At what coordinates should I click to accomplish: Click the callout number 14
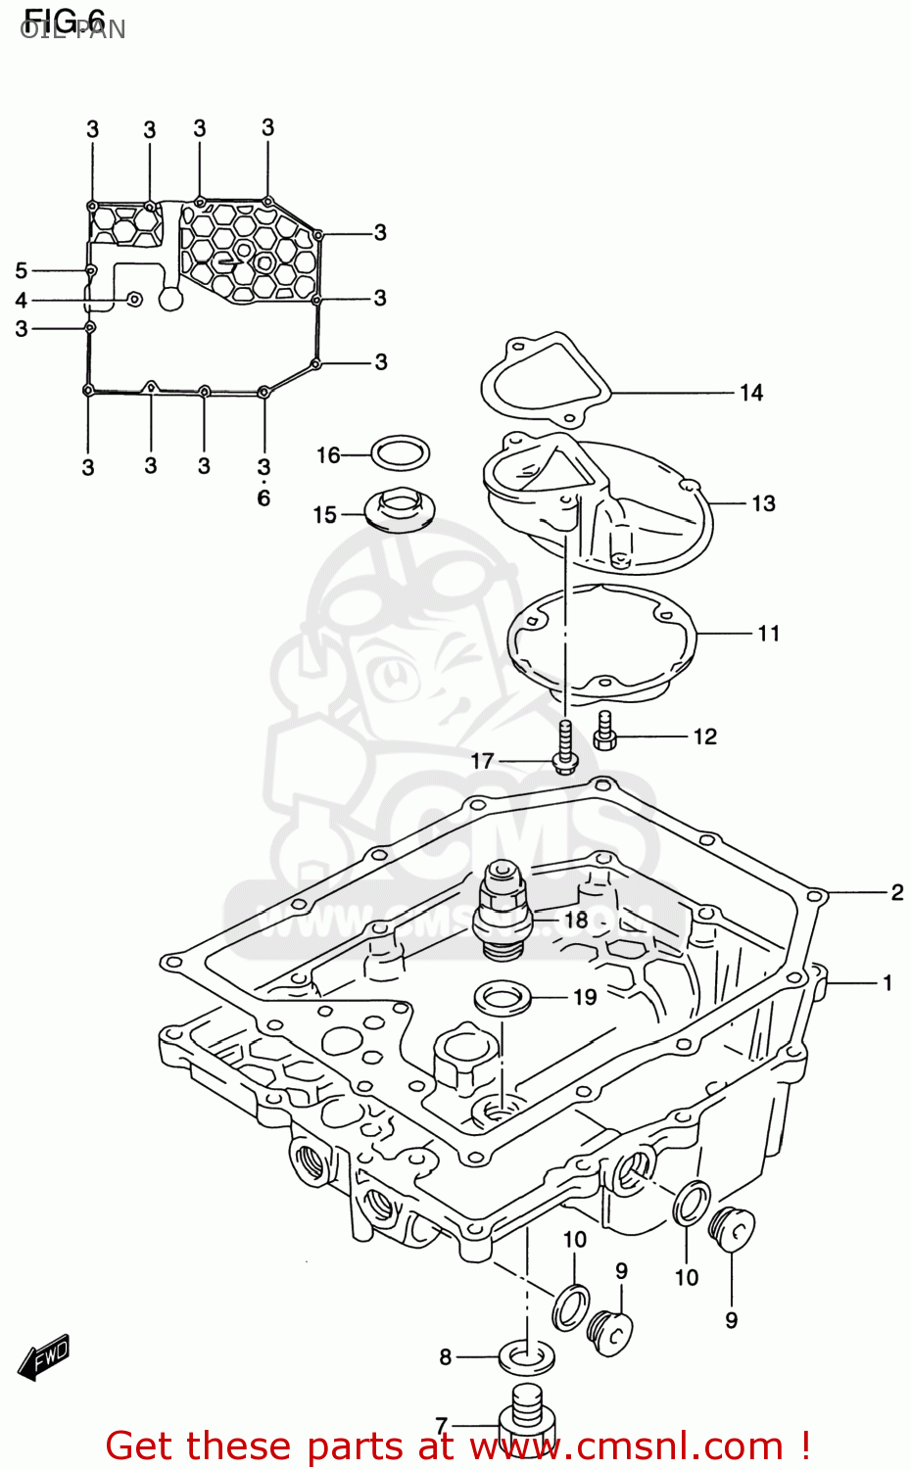(x=750, y=393)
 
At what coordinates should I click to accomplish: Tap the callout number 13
(x=763, y=503)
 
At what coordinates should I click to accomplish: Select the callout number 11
(x=768, y=634)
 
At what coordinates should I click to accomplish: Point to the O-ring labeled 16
(x=401, y=454)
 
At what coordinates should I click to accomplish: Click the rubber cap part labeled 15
(x=401, y=510)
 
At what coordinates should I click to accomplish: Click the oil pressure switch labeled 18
(x=502, y=907)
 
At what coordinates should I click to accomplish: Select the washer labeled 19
(x=503, y=999)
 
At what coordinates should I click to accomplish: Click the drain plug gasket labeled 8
(x=527, y=1357)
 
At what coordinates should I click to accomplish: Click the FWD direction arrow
(x=44, y=1357)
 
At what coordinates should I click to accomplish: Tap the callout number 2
(x=896, y=892)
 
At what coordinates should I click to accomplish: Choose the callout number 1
(x=887, y=982)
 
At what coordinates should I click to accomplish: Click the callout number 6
(x=264, y=498)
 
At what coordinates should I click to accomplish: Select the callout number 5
(x=21, y=270)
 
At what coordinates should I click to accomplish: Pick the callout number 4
(x=21, y=301)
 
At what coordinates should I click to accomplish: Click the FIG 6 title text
(x=64, y=20)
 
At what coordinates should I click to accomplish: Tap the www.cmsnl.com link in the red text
(x=626, y=1445)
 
